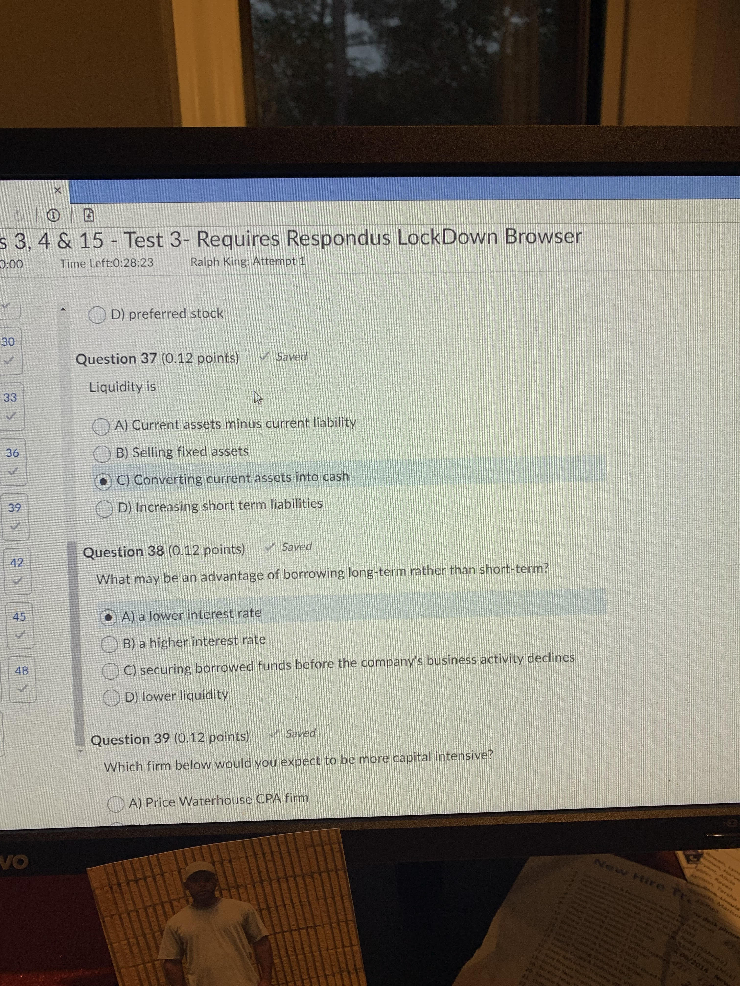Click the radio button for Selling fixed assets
(102, 454)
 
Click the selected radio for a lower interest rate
(108, 617)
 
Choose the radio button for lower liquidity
(111, 698)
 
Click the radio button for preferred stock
(97, 315)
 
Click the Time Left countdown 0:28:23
(107, 263)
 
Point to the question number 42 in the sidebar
(17, 562)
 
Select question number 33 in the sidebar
(10, 397)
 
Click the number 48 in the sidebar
(21, 670)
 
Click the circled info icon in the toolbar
(54, 216)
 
